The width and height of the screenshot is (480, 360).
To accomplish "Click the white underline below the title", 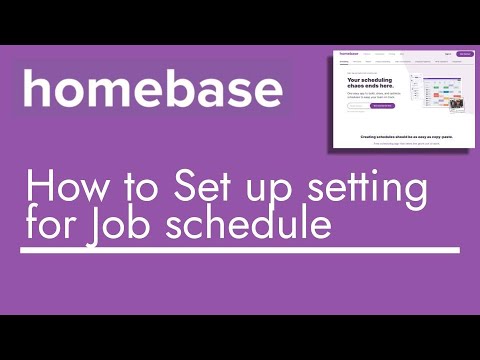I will point(240,250).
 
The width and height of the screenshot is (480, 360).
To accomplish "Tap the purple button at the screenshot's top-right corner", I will point(464,54).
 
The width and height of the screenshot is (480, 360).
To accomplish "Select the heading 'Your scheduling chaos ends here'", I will point(366,85).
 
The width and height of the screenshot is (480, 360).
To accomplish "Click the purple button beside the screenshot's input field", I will point(384,105).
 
